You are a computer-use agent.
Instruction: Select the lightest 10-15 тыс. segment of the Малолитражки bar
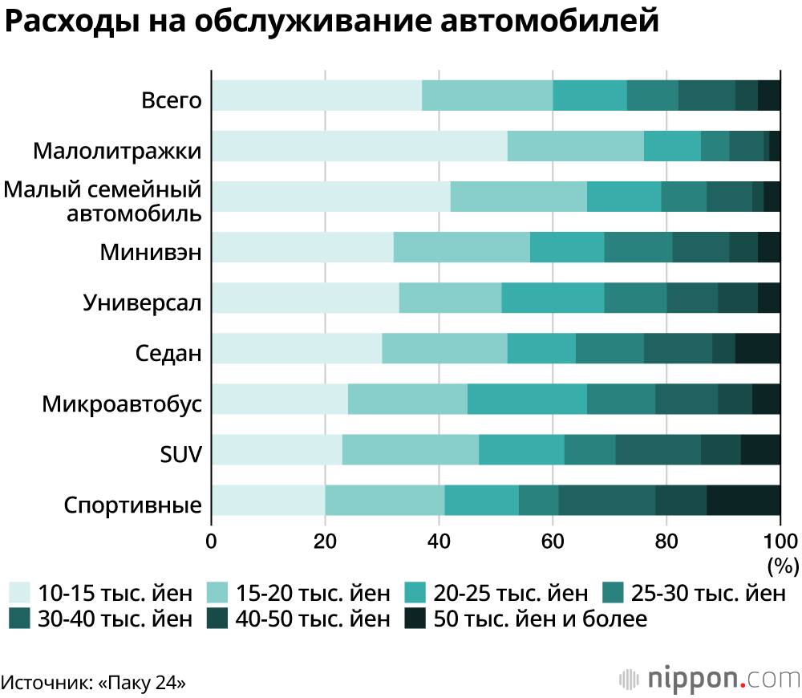tap(359, 146)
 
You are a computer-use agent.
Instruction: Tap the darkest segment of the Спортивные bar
tap(743, 500)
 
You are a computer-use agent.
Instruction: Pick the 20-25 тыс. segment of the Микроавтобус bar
tap(527, 399)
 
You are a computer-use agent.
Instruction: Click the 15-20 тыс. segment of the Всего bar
tap(488, 95)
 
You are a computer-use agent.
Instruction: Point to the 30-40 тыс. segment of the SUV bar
tap(658, 449)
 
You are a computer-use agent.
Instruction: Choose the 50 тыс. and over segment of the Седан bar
tap(757, 348)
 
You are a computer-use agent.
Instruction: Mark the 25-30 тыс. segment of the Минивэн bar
tap(638, 247)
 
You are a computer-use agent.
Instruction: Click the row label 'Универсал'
tap(142, 303)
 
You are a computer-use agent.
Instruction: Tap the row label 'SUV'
tap(180, 455)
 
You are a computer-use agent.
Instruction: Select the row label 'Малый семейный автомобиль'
tap(102, 202)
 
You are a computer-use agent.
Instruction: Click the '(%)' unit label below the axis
tap(783, 565)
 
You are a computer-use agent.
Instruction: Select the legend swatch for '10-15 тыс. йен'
tap(20, 594)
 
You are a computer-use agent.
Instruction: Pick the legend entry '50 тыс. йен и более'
tap(540, 619)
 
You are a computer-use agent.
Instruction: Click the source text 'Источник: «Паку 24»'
tap(95, 684)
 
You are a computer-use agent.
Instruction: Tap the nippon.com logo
tap(709, 678)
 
